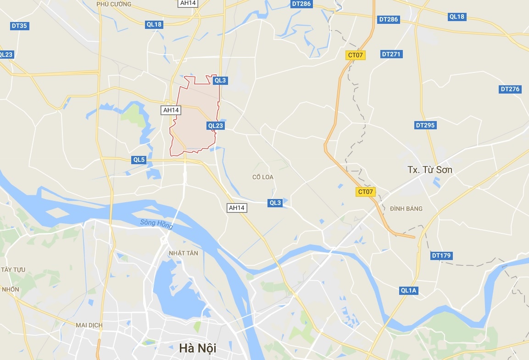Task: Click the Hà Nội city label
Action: point(198,348)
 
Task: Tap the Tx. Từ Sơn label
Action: point(430,170)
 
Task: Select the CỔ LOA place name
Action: point(263,177)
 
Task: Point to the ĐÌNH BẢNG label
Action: point(406,209)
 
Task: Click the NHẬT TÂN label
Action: point(184,253)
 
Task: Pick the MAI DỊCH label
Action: point(89,325)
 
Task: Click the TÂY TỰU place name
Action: point(13,269)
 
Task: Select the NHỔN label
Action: point(11,289)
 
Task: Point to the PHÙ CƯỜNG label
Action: point(114,4)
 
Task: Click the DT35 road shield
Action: point(19,26)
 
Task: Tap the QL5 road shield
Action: point(139,160)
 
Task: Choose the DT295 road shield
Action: point(425,125)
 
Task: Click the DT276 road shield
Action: point(510,89)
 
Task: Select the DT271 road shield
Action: point(391,54)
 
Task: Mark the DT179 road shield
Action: point(441,255)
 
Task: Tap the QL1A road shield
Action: point(408,290)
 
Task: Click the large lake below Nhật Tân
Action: point(179,289)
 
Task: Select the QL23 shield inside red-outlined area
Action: point(215,125)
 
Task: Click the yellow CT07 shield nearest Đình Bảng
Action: point(366,192)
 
